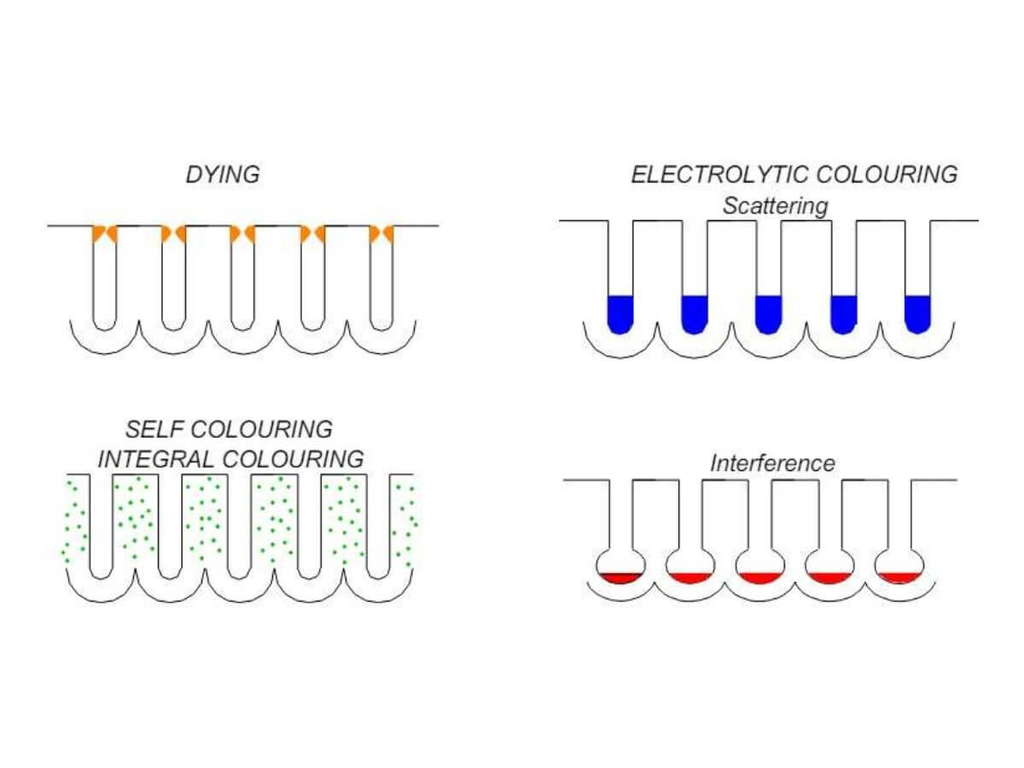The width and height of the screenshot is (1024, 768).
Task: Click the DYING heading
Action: (223, 176)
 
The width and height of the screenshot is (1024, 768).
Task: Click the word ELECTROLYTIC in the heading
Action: (719, 175)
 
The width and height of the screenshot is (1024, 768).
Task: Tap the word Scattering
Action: (775, 206)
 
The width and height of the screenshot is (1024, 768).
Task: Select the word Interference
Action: (772, 463)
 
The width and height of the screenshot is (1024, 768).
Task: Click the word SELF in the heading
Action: (148, 428)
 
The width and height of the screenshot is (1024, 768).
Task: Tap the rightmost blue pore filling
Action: (916, 312)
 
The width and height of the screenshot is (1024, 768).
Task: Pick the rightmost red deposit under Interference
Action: (900, 579)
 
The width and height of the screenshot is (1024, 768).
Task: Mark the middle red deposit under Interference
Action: (759, 579)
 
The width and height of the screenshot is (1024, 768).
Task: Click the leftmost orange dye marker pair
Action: (104, 233)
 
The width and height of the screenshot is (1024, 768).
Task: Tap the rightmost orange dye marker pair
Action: (381, 233)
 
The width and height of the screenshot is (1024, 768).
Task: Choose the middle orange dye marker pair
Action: (243, 233)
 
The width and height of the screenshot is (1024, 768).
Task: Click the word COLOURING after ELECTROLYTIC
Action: (887, 175)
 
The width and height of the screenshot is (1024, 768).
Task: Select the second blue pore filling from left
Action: (695, 312)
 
